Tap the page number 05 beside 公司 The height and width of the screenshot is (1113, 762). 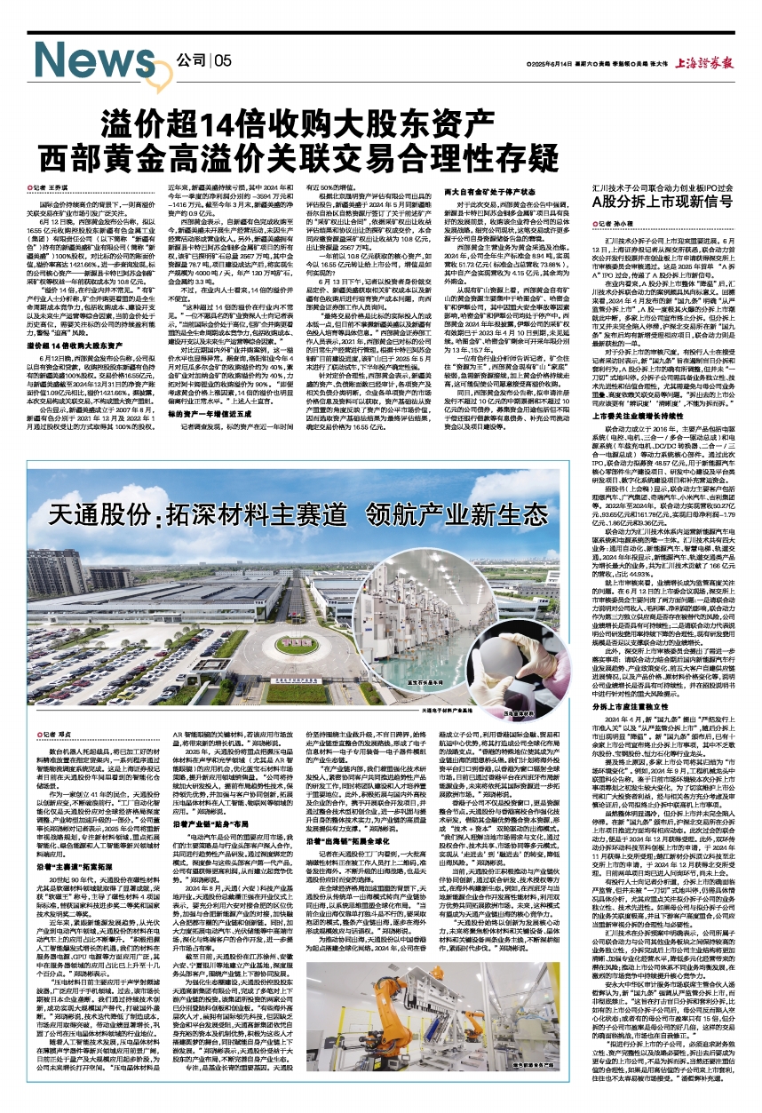[221, 60]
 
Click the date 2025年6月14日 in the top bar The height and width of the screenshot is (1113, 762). [550, 65]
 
